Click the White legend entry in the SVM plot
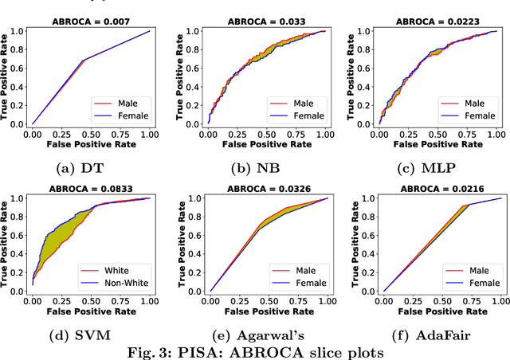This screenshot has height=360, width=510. click(119, 270)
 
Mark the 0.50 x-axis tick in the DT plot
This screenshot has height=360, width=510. click(91, 135)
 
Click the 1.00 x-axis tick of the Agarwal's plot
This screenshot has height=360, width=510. click(325, 303)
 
